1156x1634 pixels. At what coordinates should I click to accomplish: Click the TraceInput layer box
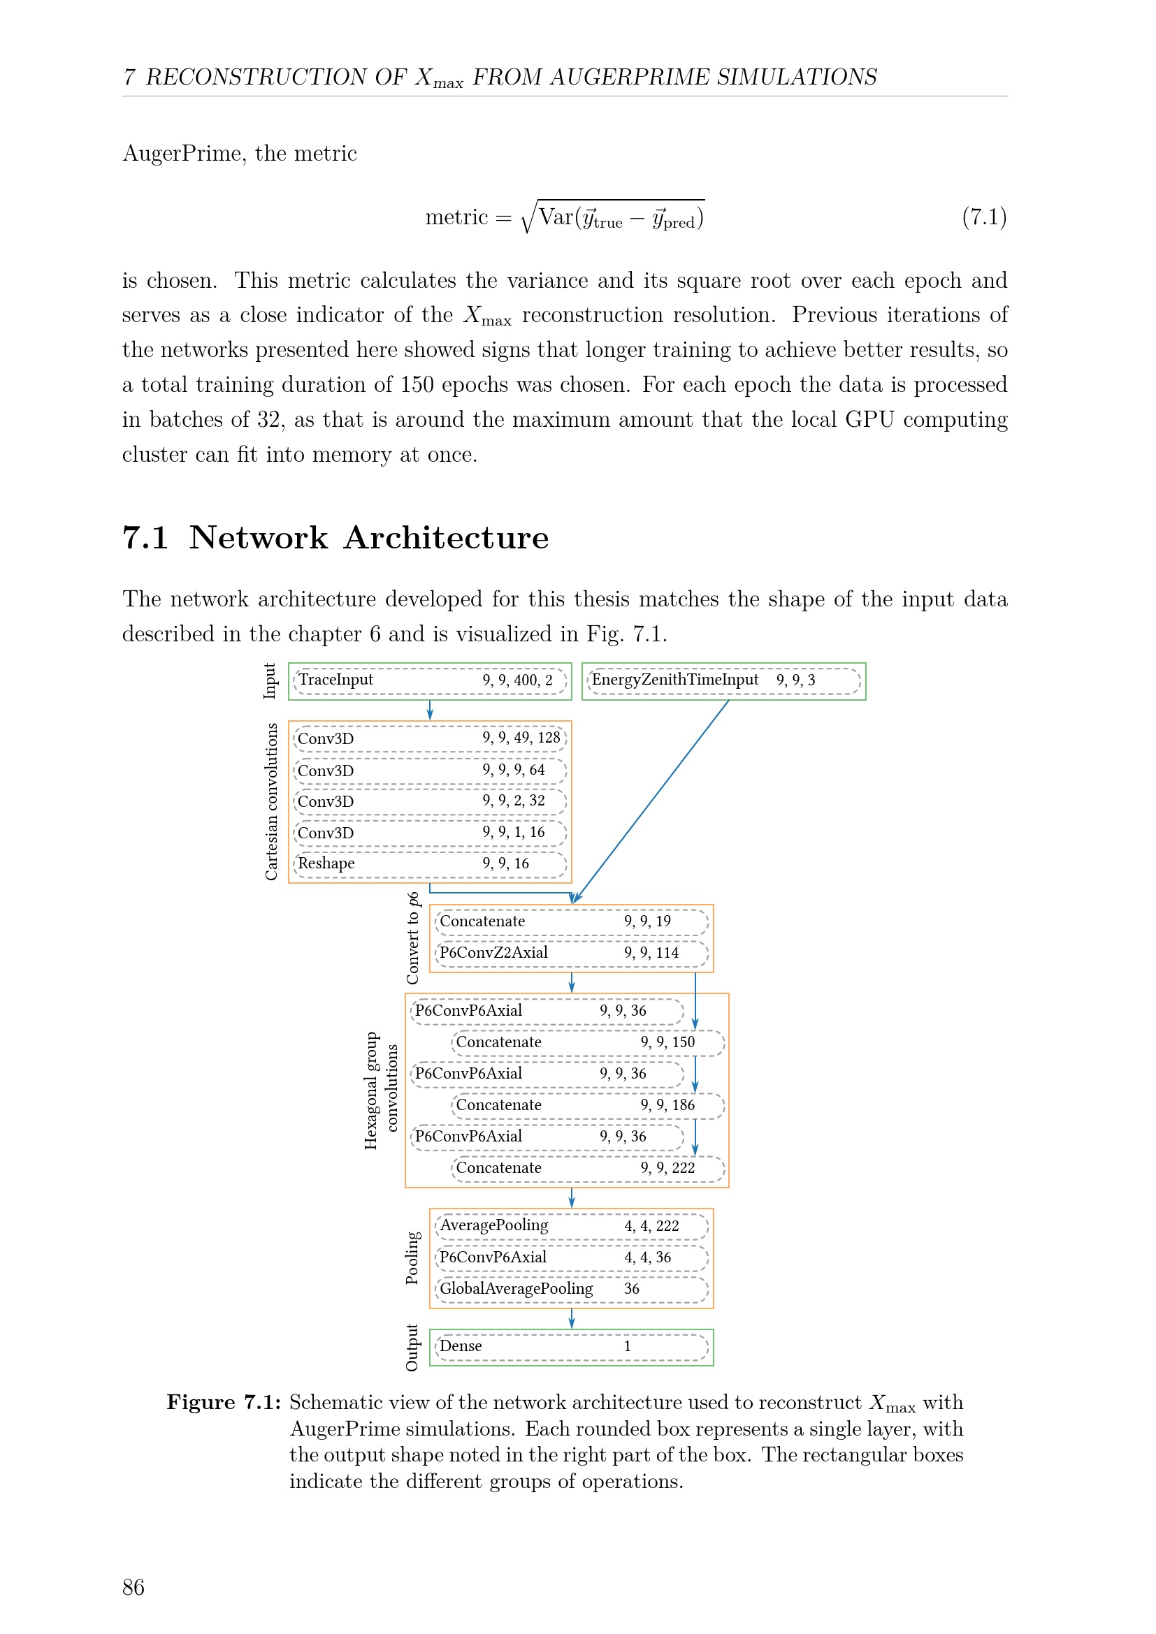pyautogui.click(x=430, y=681)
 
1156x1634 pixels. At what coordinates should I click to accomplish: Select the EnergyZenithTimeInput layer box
pyautogui.click(x=724, y=681)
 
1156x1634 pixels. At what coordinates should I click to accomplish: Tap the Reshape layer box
pyautogui.click(x=430, y=865)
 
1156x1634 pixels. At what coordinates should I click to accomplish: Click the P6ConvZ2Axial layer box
pyautogui.click(x=572, y=954)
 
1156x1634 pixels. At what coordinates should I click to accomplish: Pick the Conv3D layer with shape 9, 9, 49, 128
pyautogui.click(x=430, y=738)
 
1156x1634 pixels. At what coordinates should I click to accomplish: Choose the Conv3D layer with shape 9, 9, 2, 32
pyautogui.click(x=430, y=802)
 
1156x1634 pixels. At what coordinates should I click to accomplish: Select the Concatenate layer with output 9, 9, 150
pyautogui.click(x=588, y=1043)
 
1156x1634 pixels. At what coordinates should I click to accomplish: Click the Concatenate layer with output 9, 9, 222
pyautogui.click(x=588, y=1169)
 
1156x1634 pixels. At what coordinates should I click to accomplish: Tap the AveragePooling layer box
pyautogui.click(x=572, y=1226)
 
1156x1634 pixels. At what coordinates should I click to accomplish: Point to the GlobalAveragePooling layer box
pyautogui.click(x=572, y=1290)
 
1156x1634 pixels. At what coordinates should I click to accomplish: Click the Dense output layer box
pyautogui.click(x=572, y=1347)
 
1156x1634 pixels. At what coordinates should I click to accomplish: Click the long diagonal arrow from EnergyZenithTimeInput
pyautogui.click(x=651, y=802)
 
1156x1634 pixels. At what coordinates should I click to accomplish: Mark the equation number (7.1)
pyautogui.click(x=985, y=217)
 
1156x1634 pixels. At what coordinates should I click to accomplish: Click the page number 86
pyautogui.click(x=133, y=1587)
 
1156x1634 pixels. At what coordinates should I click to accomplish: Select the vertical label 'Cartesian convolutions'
pyautogui.click(x=271, y=802)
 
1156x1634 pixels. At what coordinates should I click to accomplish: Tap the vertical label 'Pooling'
pyautogui.click(x=412, y=1258)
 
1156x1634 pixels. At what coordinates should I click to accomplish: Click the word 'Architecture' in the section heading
pyautogui.click(x=447, y=537)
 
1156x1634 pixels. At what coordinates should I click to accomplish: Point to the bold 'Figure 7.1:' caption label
pyautogui.click(x=224, y=1403)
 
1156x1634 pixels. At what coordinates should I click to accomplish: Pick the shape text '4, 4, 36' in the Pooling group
pyautogui.click(x=648, y=1257)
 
